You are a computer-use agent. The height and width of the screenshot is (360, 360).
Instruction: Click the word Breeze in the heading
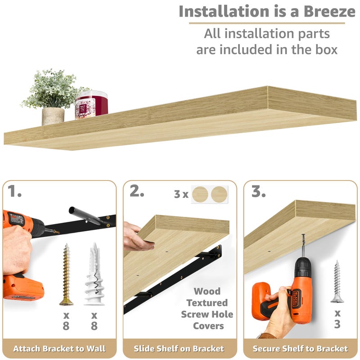pos(329,11)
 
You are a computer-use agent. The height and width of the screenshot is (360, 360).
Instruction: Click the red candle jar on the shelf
pos(91,105)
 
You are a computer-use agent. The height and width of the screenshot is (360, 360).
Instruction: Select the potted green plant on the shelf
pos(54,97)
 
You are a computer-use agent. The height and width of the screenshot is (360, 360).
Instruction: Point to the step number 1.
pos(14,191)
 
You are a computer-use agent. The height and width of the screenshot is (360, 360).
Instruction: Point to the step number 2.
pos(137,191)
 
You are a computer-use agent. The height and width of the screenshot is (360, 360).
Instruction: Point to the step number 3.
pos(258,191)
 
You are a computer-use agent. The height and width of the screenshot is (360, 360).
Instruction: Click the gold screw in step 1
pos(66,274)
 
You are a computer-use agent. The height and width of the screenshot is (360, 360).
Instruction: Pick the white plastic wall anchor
pos(94,274)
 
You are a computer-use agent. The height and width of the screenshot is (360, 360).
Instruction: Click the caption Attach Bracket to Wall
pos(59,348)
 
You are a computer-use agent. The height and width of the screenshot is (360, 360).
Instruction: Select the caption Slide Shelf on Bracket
pos(179,348)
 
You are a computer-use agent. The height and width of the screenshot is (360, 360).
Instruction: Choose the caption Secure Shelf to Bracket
pos(300,348)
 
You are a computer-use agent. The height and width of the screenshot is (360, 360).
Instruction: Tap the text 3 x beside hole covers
pos(181,194)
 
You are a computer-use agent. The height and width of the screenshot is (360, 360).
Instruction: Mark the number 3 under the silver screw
pos(337,324)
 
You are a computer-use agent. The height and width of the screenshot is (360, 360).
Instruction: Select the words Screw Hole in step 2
pos(207,314)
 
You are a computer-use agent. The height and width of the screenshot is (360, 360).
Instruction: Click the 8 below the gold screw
pos(66,325)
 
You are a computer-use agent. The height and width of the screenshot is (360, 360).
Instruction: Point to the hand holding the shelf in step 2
pos(138,236)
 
